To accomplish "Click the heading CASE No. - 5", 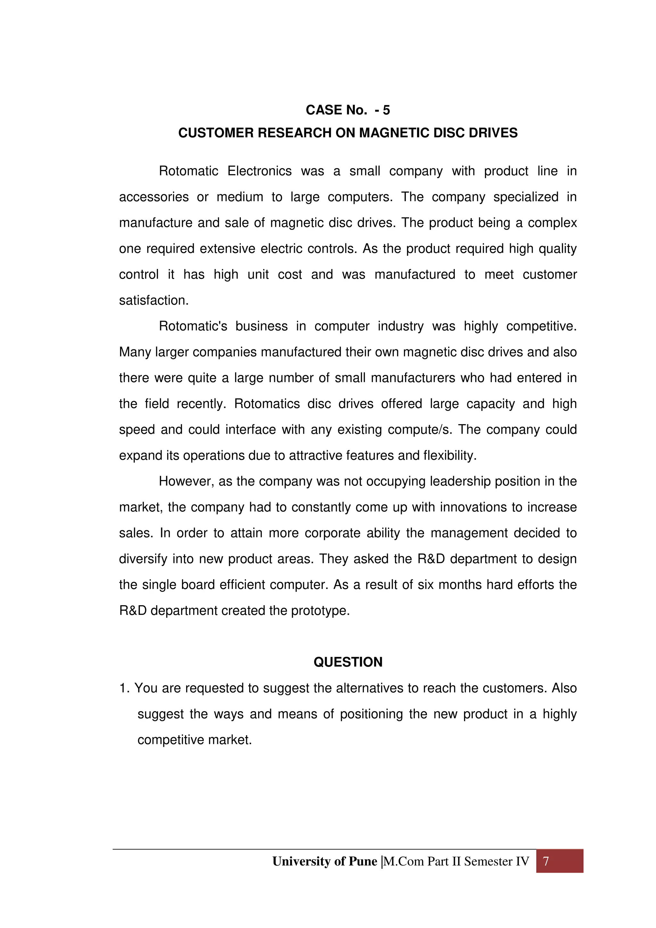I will coord(348,110).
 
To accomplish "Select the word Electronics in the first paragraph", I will coord(259,171).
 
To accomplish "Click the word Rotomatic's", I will coord(193,326).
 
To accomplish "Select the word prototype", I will coord(320,611).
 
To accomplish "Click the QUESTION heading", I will coord(348,662).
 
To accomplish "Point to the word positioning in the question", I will coord(371,714).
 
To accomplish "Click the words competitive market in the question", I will coord(194,740).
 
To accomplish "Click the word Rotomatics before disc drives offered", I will coord(267,404).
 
